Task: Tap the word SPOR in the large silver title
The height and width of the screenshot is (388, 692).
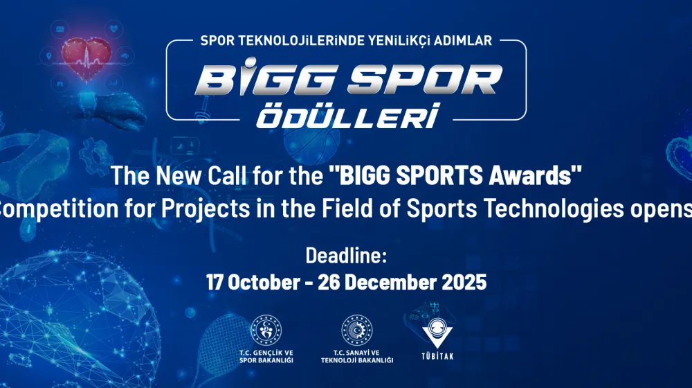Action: pyautogui.click(x=428, y=80)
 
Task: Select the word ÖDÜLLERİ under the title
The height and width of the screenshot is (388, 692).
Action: pyautogui.click(x=349, y=116)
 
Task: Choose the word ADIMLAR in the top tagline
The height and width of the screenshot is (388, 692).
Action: pyautogui.click(x=463, y=41)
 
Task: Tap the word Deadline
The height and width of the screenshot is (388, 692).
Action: pyautogui.click(x=346, y=256)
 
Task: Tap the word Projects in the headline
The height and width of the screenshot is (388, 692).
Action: pyautogui.click(x=206, y=209)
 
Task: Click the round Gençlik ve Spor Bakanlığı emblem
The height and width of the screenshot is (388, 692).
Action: pyautogui.click(x=266, y=330)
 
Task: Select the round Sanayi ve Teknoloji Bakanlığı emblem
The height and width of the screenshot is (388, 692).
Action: pyautogui.click(x=357, y=330)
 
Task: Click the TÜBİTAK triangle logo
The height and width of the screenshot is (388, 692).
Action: pyautogui.click(x=437, y=333)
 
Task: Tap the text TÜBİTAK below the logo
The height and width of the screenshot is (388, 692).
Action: pyautogui.click(x=437, y=356)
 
